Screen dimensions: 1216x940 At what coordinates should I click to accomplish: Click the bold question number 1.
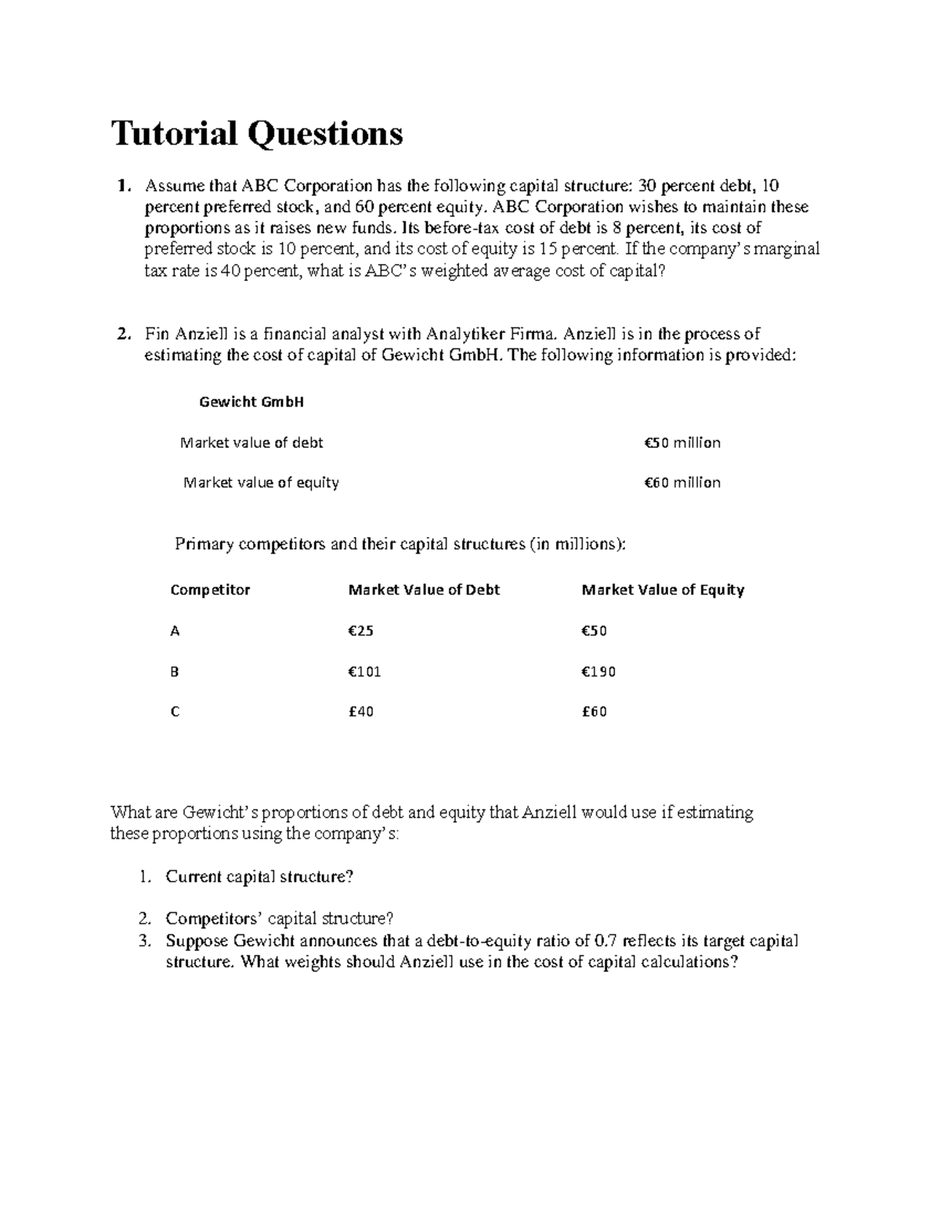coord(119,186)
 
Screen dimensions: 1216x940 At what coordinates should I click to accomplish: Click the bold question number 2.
coord(121,334)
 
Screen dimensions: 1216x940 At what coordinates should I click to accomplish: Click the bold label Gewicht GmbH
coord(251,402)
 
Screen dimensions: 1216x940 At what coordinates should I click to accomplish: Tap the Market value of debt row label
coord(251,443)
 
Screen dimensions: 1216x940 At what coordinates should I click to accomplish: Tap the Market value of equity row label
coord(261,483)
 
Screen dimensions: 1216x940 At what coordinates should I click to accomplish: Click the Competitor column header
coord(210,590)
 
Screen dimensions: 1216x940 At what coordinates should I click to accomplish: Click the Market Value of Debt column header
coord(424,590)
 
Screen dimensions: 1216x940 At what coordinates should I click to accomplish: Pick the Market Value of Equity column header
coord(663,590)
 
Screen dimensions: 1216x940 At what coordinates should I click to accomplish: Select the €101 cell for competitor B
coord(364,672)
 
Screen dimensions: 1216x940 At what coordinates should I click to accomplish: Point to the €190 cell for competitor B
coord(598,672)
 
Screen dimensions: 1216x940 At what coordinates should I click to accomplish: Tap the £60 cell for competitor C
coord(594,713)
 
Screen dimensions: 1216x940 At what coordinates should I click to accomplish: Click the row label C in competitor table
coord(175,713)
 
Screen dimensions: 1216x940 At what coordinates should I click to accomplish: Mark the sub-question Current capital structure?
coord(259,877)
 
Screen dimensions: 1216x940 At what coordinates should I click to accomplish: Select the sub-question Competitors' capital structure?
coord(279,918)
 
